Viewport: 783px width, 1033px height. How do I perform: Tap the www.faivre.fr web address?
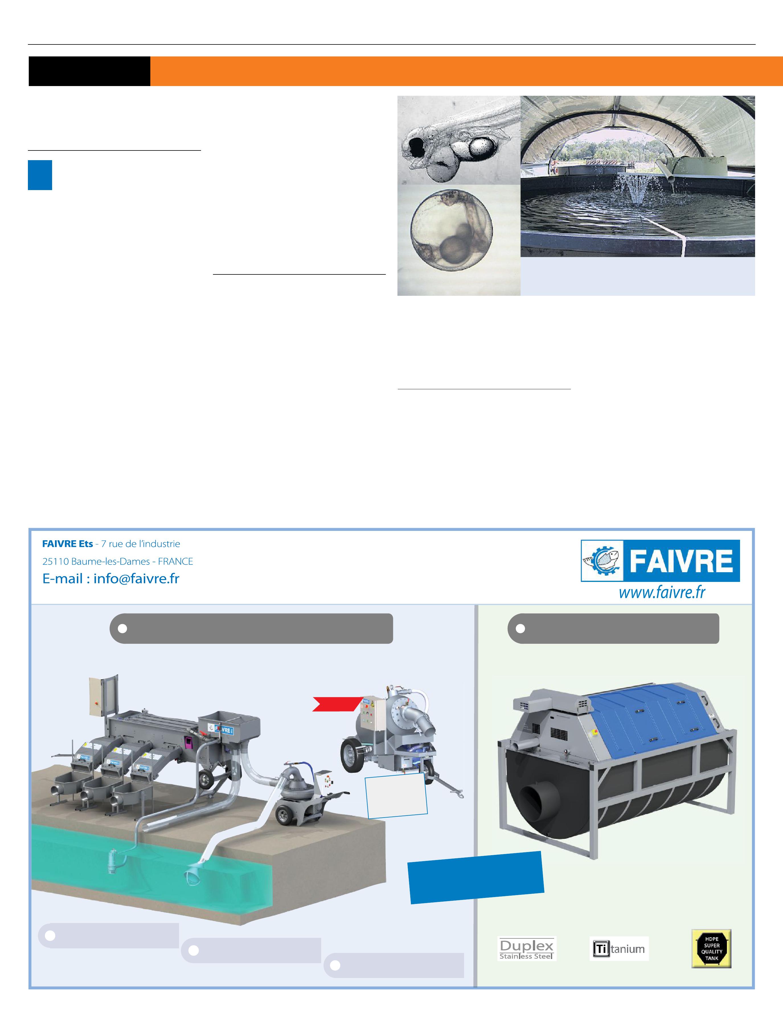tap(662, 593)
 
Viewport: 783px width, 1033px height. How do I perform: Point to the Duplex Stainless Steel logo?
tap(526, 948)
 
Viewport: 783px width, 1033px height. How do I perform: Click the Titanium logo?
tap(619, 948)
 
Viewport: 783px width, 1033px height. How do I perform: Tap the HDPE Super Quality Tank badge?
tap(711, 948)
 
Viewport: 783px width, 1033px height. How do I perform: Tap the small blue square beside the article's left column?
tap(40, 175)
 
